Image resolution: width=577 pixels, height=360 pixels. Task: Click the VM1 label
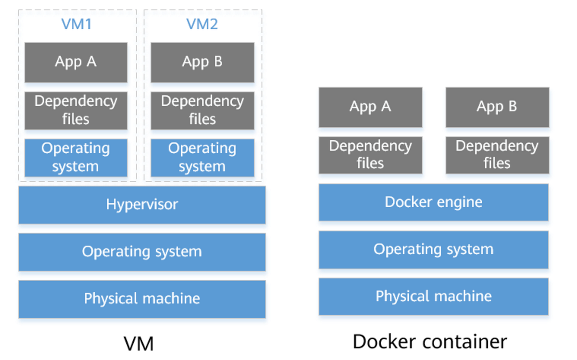point(76,24)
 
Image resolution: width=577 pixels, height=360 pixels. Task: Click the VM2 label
point(202,24)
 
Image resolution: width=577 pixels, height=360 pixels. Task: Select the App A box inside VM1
point(76,62)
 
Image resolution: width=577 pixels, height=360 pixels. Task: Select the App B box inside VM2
point(202,62)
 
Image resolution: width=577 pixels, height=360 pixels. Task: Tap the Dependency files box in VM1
point(76,110)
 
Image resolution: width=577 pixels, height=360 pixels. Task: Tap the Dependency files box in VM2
point(202,110)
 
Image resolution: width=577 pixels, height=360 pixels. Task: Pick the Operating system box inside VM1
point(76,158)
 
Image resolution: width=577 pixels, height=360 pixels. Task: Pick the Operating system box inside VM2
point(202,158)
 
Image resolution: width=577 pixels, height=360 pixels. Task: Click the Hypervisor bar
point(142,205)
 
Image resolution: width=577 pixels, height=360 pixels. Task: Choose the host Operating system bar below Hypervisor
point(142,252)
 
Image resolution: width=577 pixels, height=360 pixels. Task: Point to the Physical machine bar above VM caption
point(142,298)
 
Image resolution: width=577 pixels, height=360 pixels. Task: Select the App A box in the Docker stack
point(370,107)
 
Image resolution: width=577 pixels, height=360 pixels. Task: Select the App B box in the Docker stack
point(497,107)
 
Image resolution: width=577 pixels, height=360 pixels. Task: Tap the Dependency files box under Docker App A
point(370,155)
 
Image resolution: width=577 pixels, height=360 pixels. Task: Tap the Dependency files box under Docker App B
point(497,155)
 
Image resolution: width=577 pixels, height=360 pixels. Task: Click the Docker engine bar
point(433,202)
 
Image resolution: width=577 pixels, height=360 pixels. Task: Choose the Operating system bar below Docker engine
point(433,249)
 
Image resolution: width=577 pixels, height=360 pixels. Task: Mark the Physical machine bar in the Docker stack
point(433,296)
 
